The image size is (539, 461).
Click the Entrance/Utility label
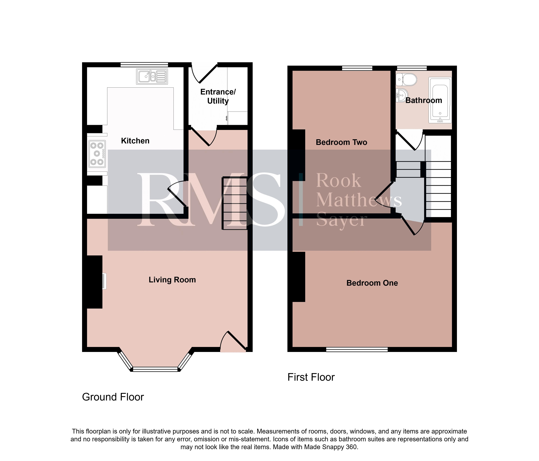[218, 96]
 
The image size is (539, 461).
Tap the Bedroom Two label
[341, 142]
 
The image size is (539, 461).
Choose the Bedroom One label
[372, 283]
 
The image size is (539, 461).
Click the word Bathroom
[424, 100]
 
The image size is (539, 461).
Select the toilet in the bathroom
[406, 79]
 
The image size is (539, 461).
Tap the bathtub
[440, 100]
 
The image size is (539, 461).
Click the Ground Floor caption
[113, 397]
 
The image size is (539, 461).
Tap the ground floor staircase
[234, 203]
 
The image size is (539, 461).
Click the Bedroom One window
[357, 349]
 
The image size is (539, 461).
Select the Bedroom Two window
[357, 68]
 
